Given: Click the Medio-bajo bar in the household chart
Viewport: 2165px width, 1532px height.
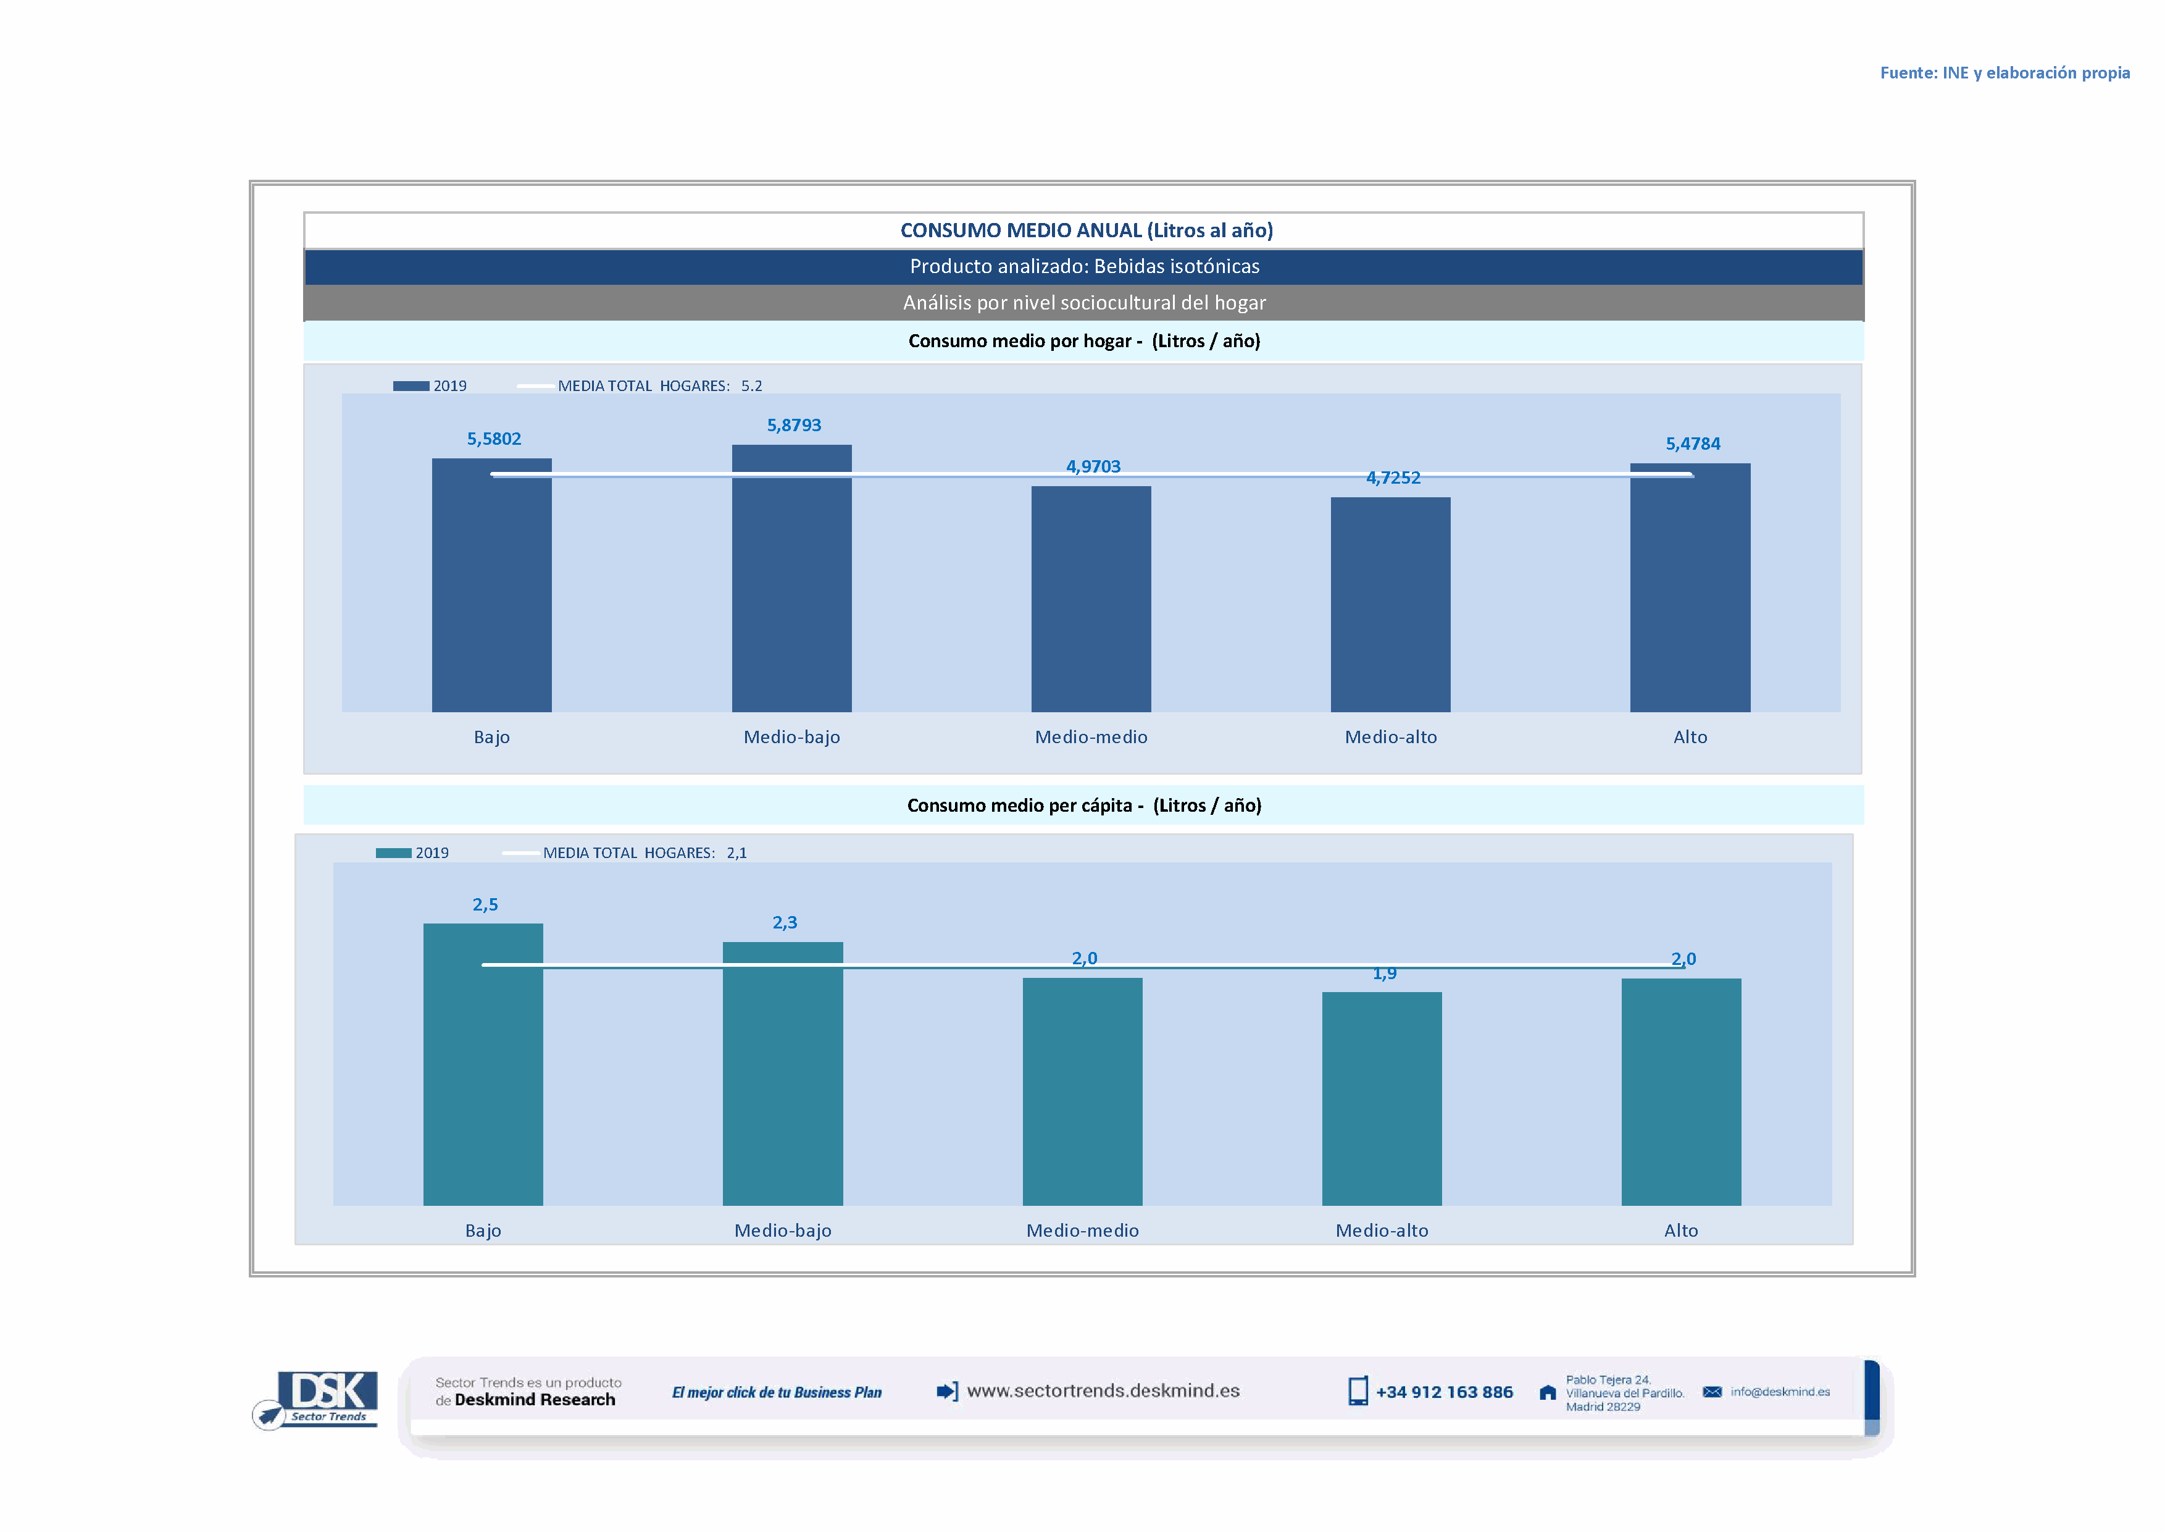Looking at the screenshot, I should pos(791,585).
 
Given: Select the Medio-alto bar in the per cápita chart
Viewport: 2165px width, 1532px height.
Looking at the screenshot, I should pos(1382,1104).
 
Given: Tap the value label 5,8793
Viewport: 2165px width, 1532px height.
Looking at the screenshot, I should pos(794,426).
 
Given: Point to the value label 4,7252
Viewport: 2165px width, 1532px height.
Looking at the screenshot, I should pos(1393,478).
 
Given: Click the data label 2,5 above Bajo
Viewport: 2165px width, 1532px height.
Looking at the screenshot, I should pos(485,904).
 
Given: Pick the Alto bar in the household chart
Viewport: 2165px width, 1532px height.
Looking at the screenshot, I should pos(1690,594).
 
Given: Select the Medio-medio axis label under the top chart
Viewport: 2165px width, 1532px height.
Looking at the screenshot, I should pos(1091,737).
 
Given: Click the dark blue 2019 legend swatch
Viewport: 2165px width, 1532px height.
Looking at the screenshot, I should pos(411,386).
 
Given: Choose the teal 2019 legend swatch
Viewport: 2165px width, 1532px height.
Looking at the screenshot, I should pos(393,852).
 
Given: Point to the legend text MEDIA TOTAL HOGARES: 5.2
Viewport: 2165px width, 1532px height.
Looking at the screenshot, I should pos(659,386).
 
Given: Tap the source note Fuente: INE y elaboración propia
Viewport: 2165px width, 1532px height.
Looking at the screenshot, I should pos(2004,73).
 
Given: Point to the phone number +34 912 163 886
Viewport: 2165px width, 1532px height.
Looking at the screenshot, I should pos(1444,1392).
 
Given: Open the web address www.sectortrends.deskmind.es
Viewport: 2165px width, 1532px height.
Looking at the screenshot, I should pos(1103,1391).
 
